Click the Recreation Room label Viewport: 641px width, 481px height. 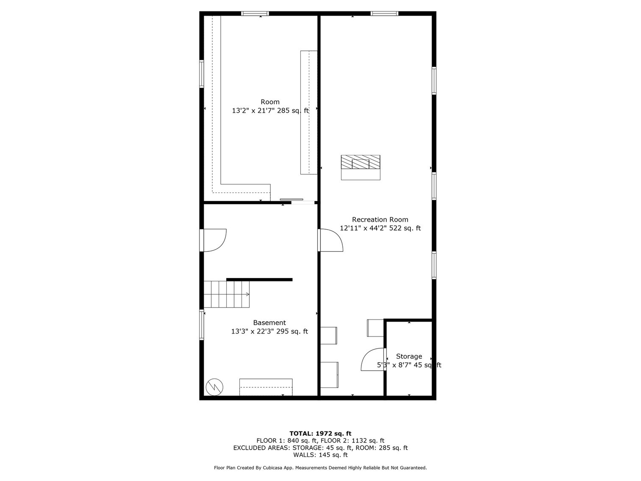coord(380,220)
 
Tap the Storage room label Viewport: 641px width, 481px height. coord(409,356)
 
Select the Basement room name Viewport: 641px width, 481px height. coord(269,323)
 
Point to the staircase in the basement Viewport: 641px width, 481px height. coord(227,294)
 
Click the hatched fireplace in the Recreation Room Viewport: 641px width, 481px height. coord(361,162)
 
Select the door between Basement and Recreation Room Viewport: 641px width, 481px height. coord(330,240)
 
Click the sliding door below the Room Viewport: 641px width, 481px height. coord(292,200)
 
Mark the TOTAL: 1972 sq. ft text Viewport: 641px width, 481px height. coord(320,433)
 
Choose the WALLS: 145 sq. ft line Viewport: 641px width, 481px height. coord(320,455)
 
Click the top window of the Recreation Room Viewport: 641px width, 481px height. coord(384,14)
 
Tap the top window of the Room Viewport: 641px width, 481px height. coord(255,14)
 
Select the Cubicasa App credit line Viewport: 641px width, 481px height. coord(320,468)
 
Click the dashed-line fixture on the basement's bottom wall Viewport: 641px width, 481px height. coord(266,387)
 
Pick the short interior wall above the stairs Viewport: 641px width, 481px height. coord(259,280)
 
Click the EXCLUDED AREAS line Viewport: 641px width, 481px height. coord(320,448)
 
